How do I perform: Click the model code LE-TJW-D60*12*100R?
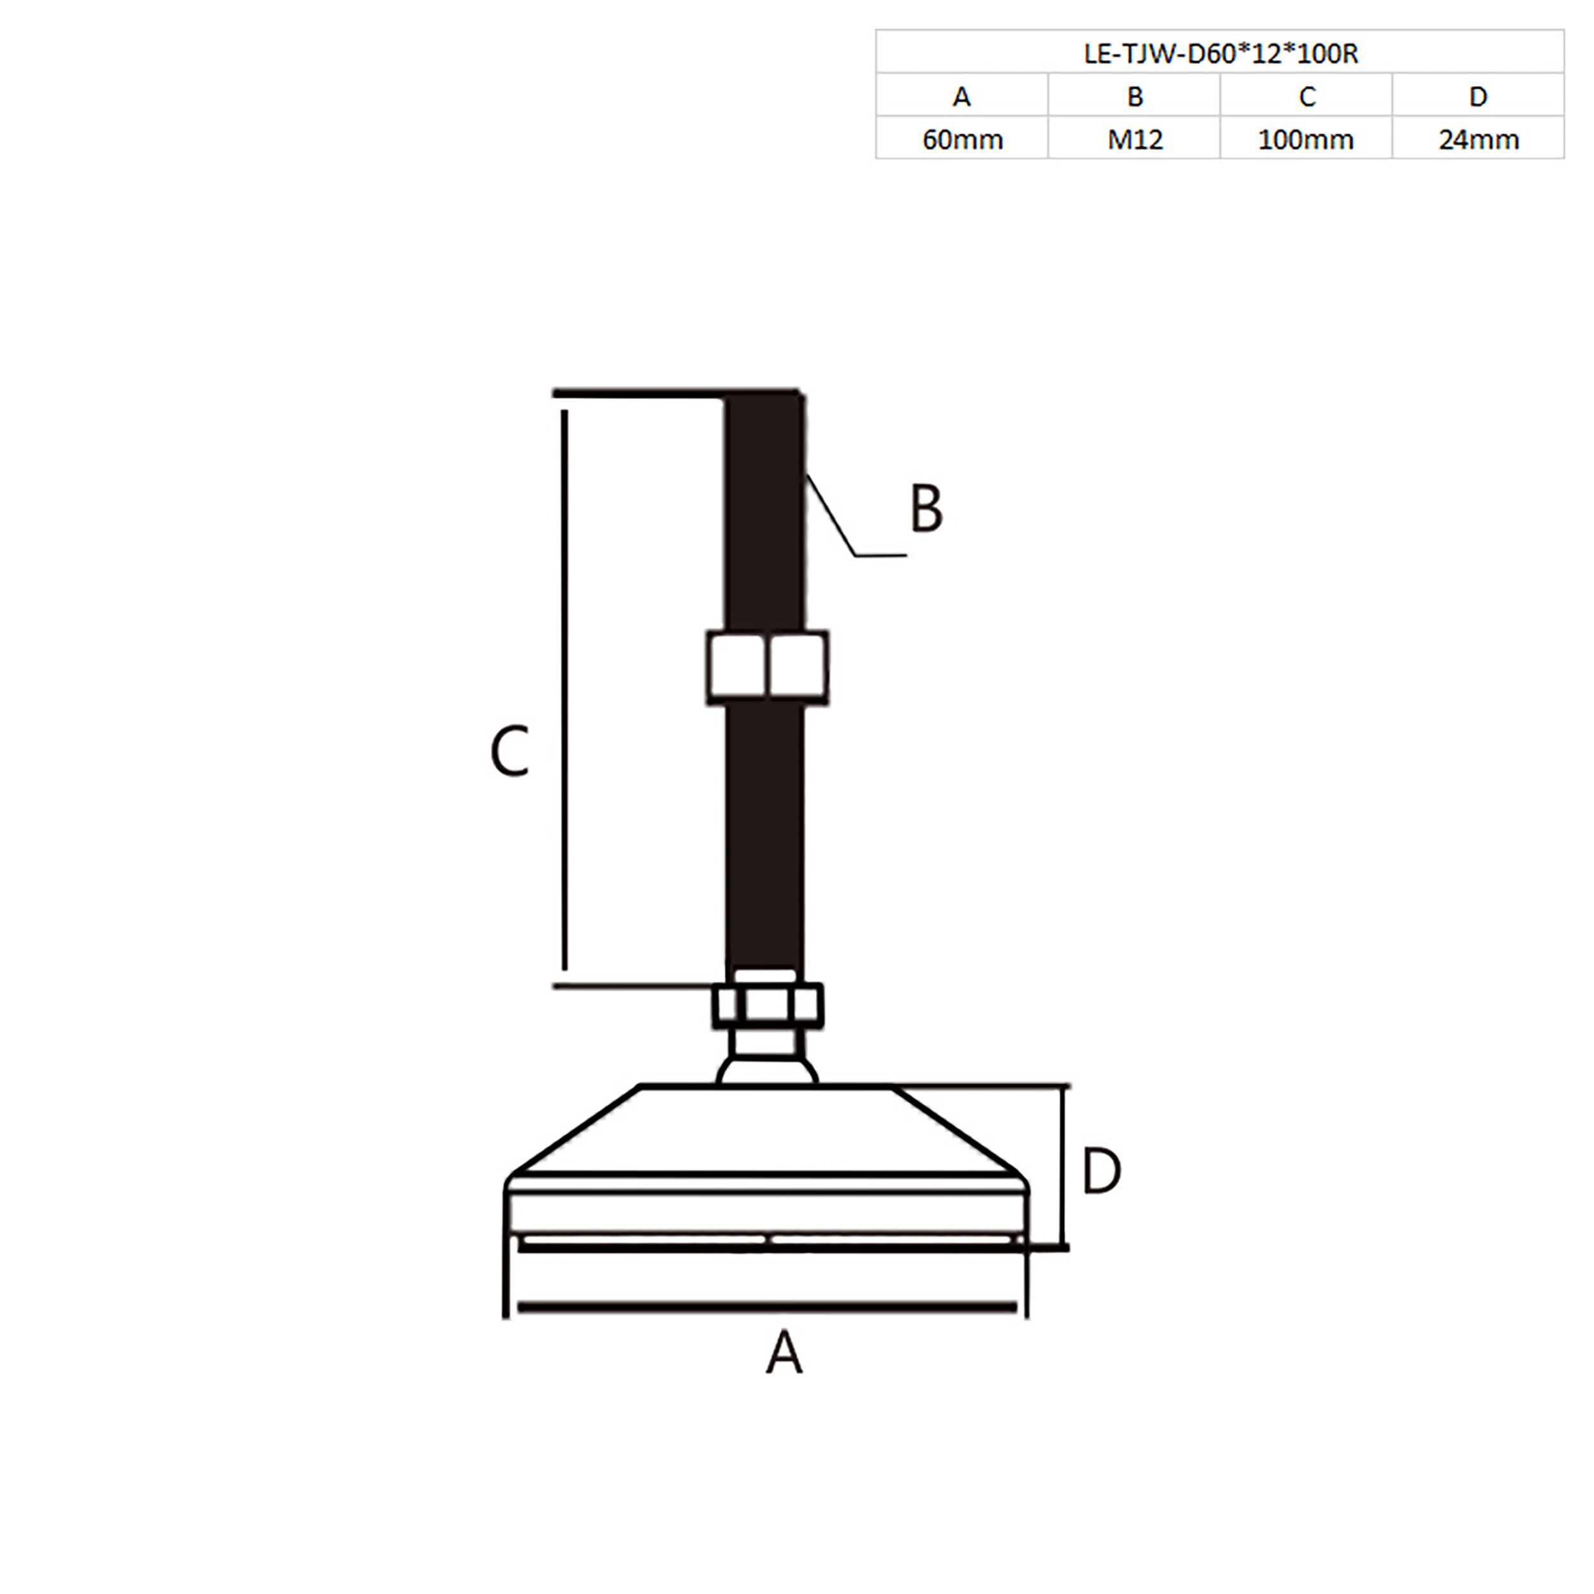tap(1220, 54)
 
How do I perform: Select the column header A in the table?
tap(962, 96)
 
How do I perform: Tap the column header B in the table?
tap(1134, 96)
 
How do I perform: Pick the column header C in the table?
tap(1306, 96)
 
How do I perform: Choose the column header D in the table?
tap(1478, 96)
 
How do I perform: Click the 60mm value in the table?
tap(962, 140)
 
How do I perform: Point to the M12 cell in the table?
tap(1134, 140)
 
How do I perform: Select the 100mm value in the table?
tap(1305, 140)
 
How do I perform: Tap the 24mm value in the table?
tap(1479, 140)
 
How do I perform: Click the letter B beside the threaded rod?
tap(926, 508)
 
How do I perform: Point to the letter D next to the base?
tap(1100, 1171)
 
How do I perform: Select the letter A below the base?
tap(783, 1352)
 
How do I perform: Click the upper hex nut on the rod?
tap(767, 668)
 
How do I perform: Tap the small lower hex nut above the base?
tap(767, 1005)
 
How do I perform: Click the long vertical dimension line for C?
tap(564, 689)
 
